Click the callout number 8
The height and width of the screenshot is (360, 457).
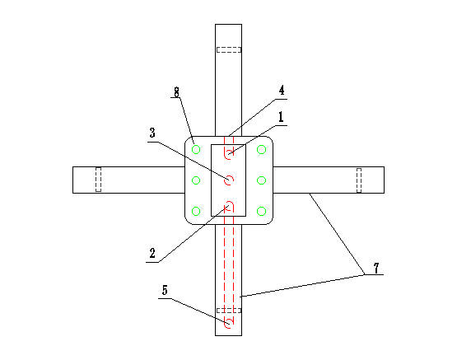176,91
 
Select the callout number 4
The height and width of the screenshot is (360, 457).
282,91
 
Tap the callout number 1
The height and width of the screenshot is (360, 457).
281,117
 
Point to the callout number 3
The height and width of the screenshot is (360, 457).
152,133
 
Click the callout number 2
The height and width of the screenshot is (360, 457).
152,253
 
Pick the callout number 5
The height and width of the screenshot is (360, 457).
165,290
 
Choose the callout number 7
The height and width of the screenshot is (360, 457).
376,268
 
